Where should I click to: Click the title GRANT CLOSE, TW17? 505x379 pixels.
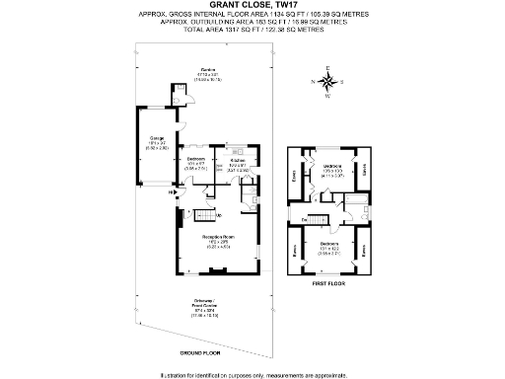[252, 6]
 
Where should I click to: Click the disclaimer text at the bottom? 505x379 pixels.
[252, 373]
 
